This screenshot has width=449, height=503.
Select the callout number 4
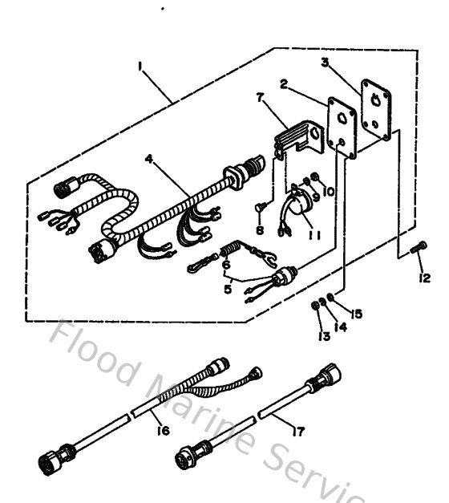pos(148,159)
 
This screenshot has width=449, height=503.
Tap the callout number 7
pos(258,98)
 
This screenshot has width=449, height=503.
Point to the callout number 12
pos(424,278)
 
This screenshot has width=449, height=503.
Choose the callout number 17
pos(297,432)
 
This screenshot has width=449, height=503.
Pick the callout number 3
pos(324,61)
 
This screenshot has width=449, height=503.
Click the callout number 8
pos(260,229)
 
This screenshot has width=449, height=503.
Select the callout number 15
pos(356,314)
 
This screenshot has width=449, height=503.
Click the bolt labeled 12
pos(415,250)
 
